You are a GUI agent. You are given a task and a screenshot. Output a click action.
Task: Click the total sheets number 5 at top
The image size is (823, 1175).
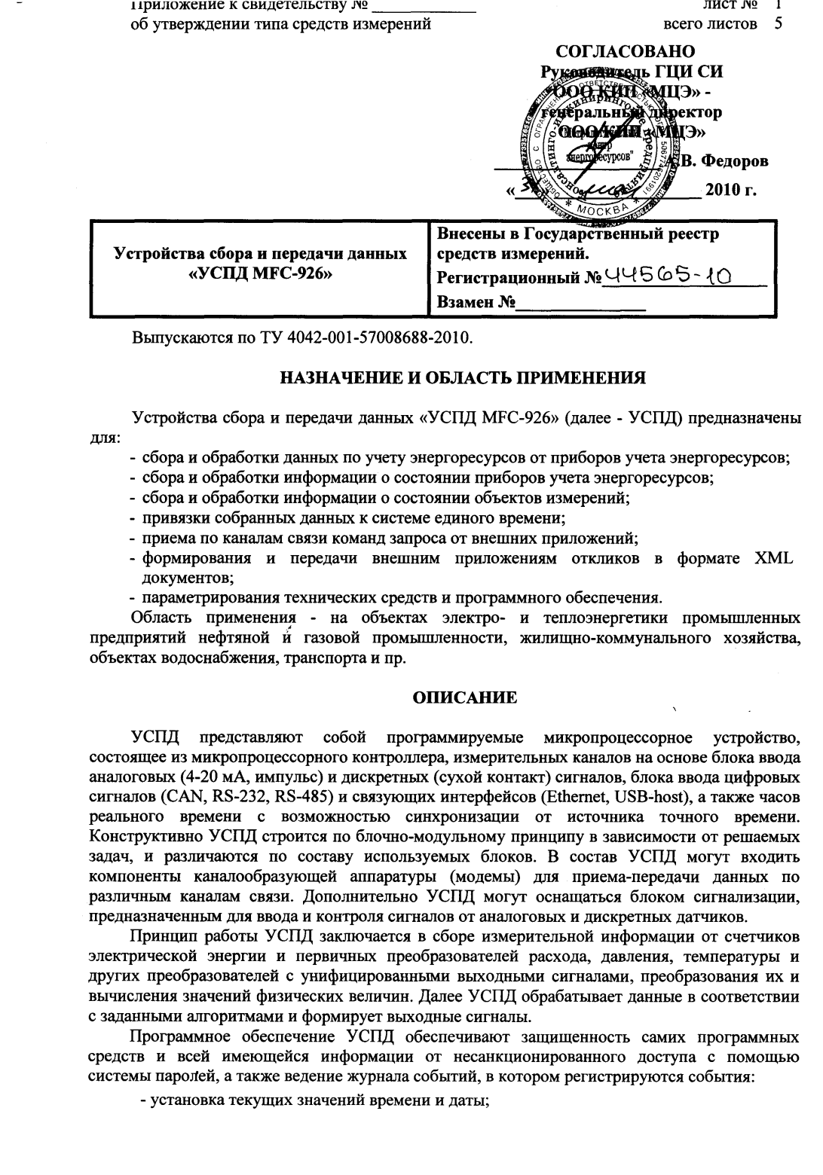(x=778, y=24)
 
